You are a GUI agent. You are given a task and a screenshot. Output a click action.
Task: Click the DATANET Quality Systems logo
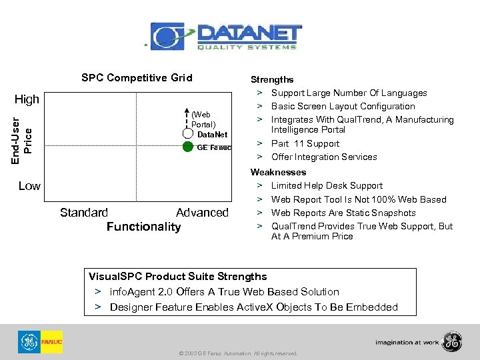click(226, 36)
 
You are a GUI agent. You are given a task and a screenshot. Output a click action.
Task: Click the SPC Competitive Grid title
click(137, 78)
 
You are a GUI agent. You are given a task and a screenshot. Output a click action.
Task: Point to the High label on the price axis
click(27, 99)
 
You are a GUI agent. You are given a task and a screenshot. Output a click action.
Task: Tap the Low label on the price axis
click(29, 186)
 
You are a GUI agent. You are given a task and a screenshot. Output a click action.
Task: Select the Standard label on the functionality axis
click(84, 213)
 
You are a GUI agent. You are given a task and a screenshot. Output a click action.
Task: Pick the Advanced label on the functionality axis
click(202, 213)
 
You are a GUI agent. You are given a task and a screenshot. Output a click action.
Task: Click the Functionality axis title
click(143, 227)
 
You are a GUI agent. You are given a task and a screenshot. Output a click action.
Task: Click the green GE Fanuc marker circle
click(188, 147)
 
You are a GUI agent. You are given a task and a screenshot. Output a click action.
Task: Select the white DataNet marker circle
click(188, 134)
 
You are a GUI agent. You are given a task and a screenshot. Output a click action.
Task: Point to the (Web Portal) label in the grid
click(203, 119)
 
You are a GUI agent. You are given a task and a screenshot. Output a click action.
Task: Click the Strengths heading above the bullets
click(271, 79)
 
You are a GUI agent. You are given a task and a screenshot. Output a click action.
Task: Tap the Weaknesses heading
click(278, 172)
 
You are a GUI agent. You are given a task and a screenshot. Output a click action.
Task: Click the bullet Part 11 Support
click(305, 143)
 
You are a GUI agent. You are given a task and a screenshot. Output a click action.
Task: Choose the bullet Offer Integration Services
click(323, 157)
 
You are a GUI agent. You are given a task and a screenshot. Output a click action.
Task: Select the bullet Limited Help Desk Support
click(327, 185)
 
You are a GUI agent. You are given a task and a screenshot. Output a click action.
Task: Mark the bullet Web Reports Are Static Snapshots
click(343, 213)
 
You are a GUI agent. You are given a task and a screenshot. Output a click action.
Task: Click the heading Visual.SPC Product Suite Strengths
click(178, 276)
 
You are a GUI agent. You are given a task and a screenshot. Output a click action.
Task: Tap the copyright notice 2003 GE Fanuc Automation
click(238, 353)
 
